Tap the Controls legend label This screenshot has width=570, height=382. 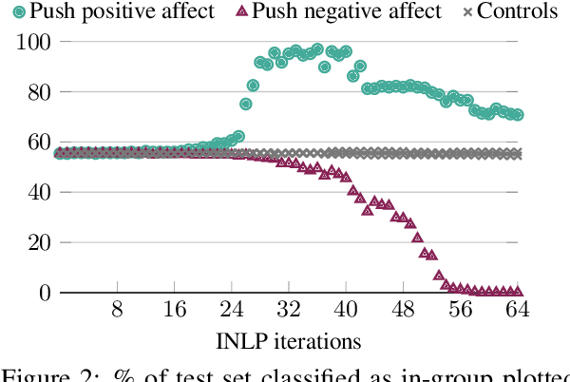click(x=517, y=11)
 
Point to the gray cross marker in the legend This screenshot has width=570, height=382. click(x=465, y=12)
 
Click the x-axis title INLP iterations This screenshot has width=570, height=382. click(x=289, y=339)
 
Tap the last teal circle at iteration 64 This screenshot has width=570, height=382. click(x=518, y=115)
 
